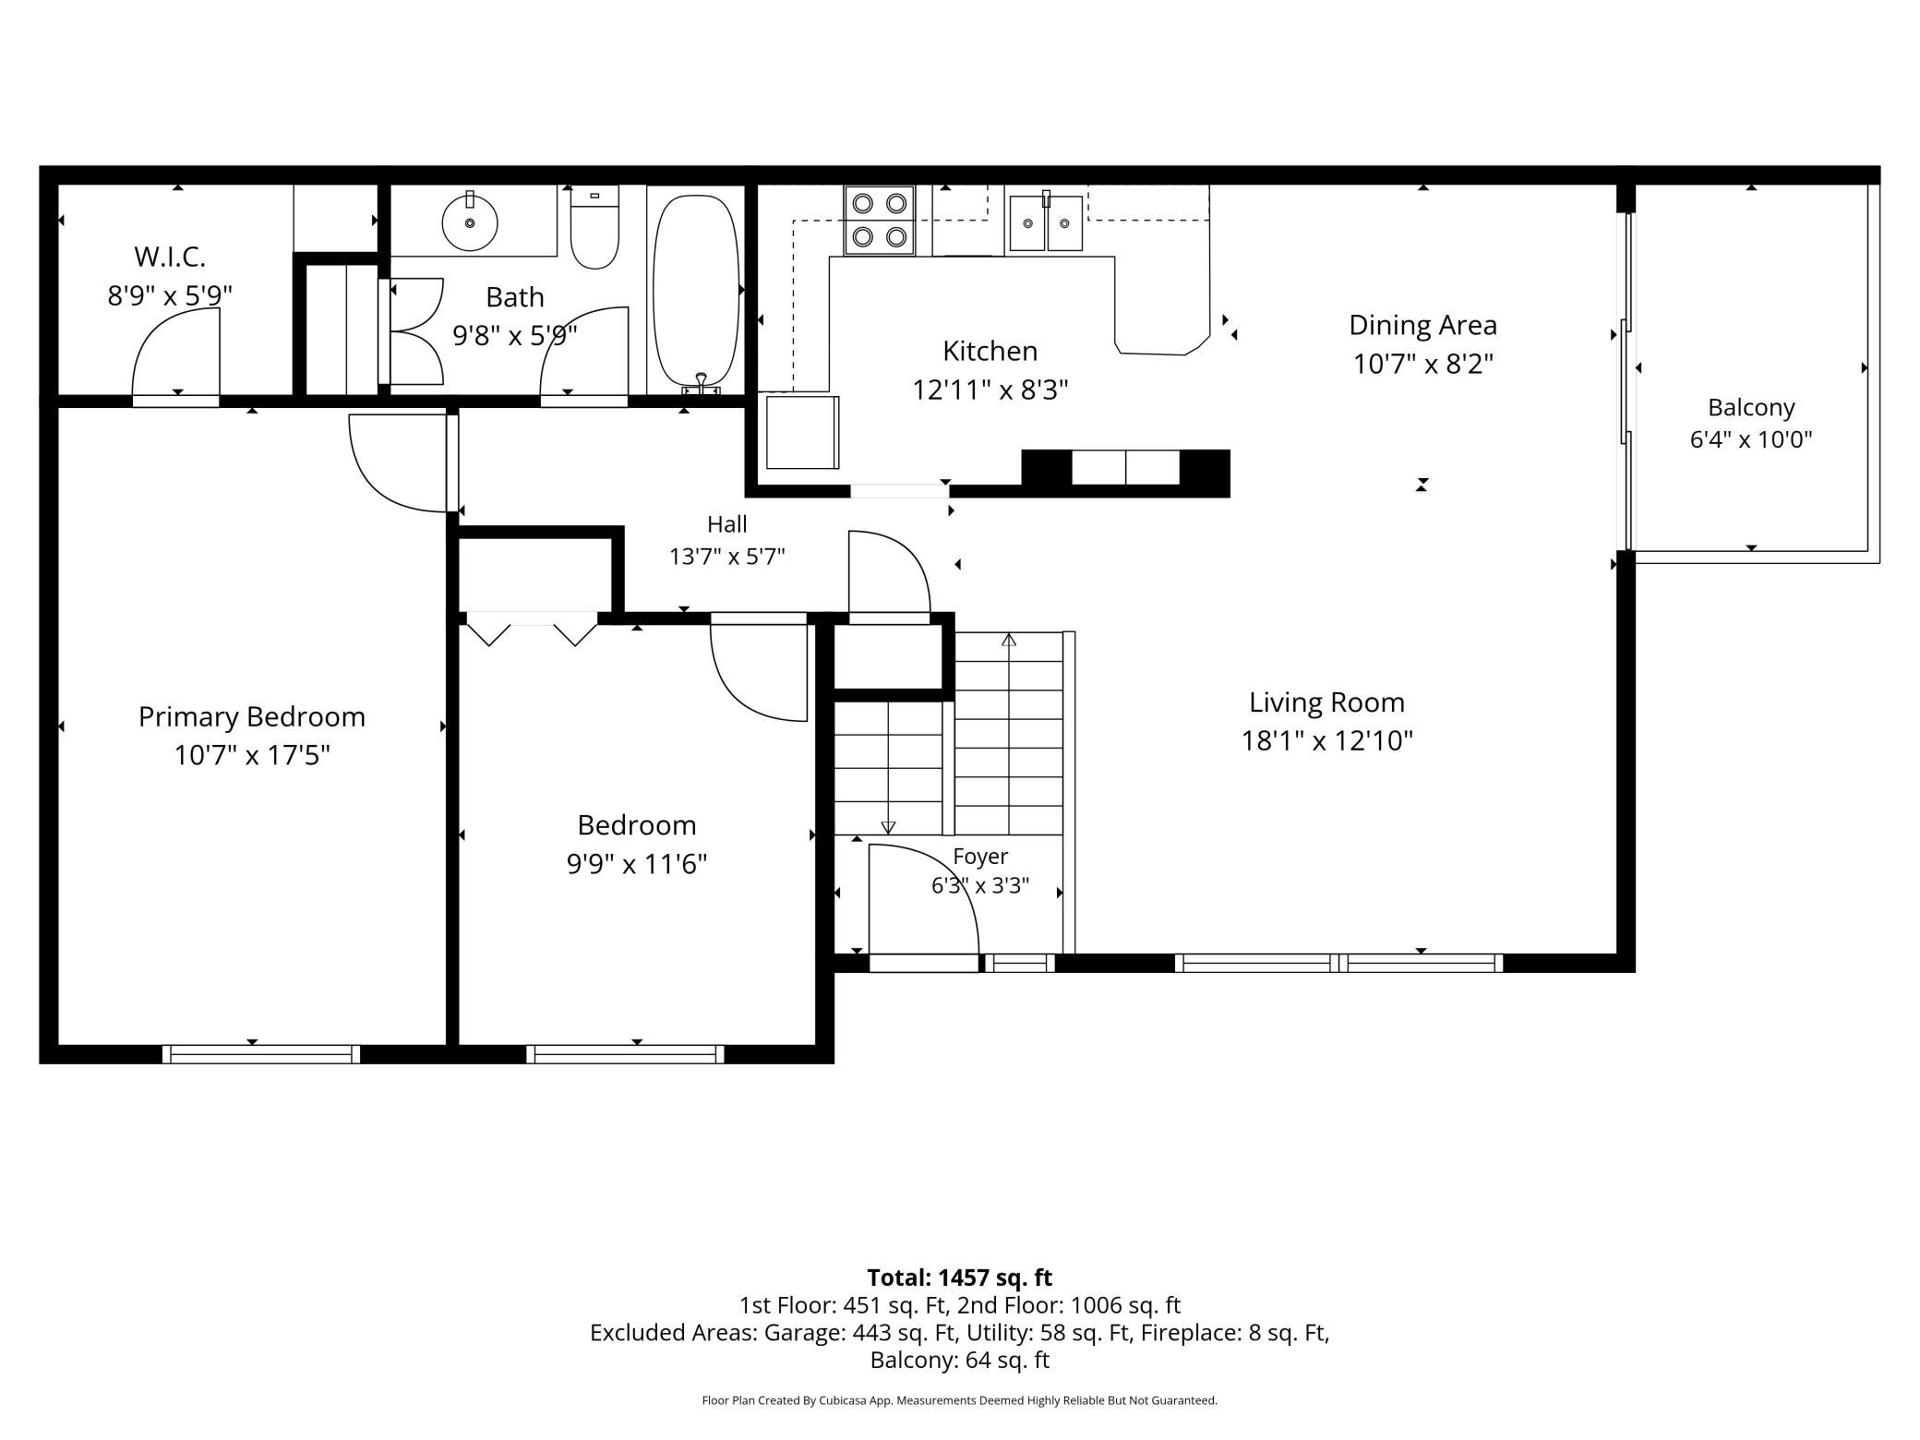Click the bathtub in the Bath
point(696,290)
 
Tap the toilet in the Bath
point(594,227)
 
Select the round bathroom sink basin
point(470,222)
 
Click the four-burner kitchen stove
point(879,221)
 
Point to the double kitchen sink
point(1045,222)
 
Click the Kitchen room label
point(990,351)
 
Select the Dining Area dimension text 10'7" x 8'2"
point(1422,364)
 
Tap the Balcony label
point(1751,407)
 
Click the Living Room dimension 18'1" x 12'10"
point(1327,741)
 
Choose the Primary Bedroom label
point(252,717)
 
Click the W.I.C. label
point(170,256)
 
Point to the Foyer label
point(980,857)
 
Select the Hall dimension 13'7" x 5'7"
point(727,557)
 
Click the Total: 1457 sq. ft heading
point(960,1278)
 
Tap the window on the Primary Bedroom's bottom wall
point(261,1054)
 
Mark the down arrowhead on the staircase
point(888,828)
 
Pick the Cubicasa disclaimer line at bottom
point(960,1400)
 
